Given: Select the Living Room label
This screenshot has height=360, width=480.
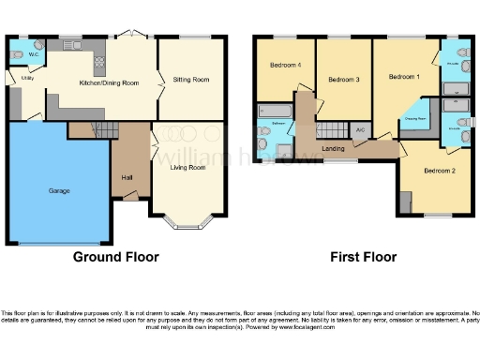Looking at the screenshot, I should (x=187, y=168).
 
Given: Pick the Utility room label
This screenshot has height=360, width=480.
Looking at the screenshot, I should (x=27, y=79).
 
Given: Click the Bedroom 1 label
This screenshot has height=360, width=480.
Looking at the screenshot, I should (x=405, y=74).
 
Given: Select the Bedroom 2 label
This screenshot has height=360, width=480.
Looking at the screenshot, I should (x=439, y=171).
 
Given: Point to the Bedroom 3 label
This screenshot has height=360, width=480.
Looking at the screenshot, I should (x=344, y=80).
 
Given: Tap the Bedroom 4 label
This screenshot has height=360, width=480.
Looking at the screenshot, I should (x=285, y=65).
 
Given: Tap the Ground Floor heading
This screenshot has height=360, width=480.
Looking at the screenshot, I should (x=117, y=257).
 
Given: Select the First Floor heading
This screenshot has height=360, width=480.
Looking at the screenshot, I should (x=363, y=257).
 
